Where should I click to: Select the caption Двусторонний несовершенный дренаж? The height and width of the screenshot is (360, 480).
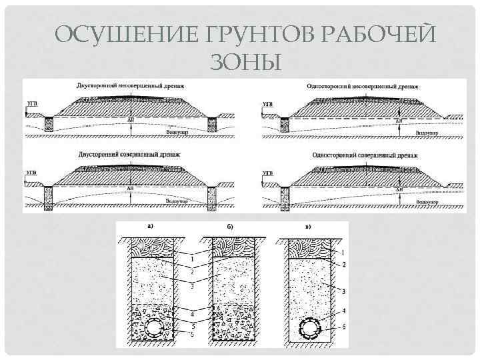tap(129, 85)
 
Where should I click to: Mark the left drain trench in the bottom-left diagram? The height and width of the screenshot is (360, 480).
tap(47, 195)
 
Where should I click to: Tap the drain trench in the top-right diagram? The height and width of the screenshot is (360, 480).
tap(285, 124)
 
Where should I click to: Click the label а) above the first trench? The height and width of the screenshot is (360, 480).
tap(151, 225)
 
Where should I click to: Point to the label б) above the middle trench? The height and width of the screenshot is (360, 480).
tap(230, 226)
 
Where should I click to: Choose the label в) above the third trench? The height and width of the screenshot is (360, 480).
tap(307, 226)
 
